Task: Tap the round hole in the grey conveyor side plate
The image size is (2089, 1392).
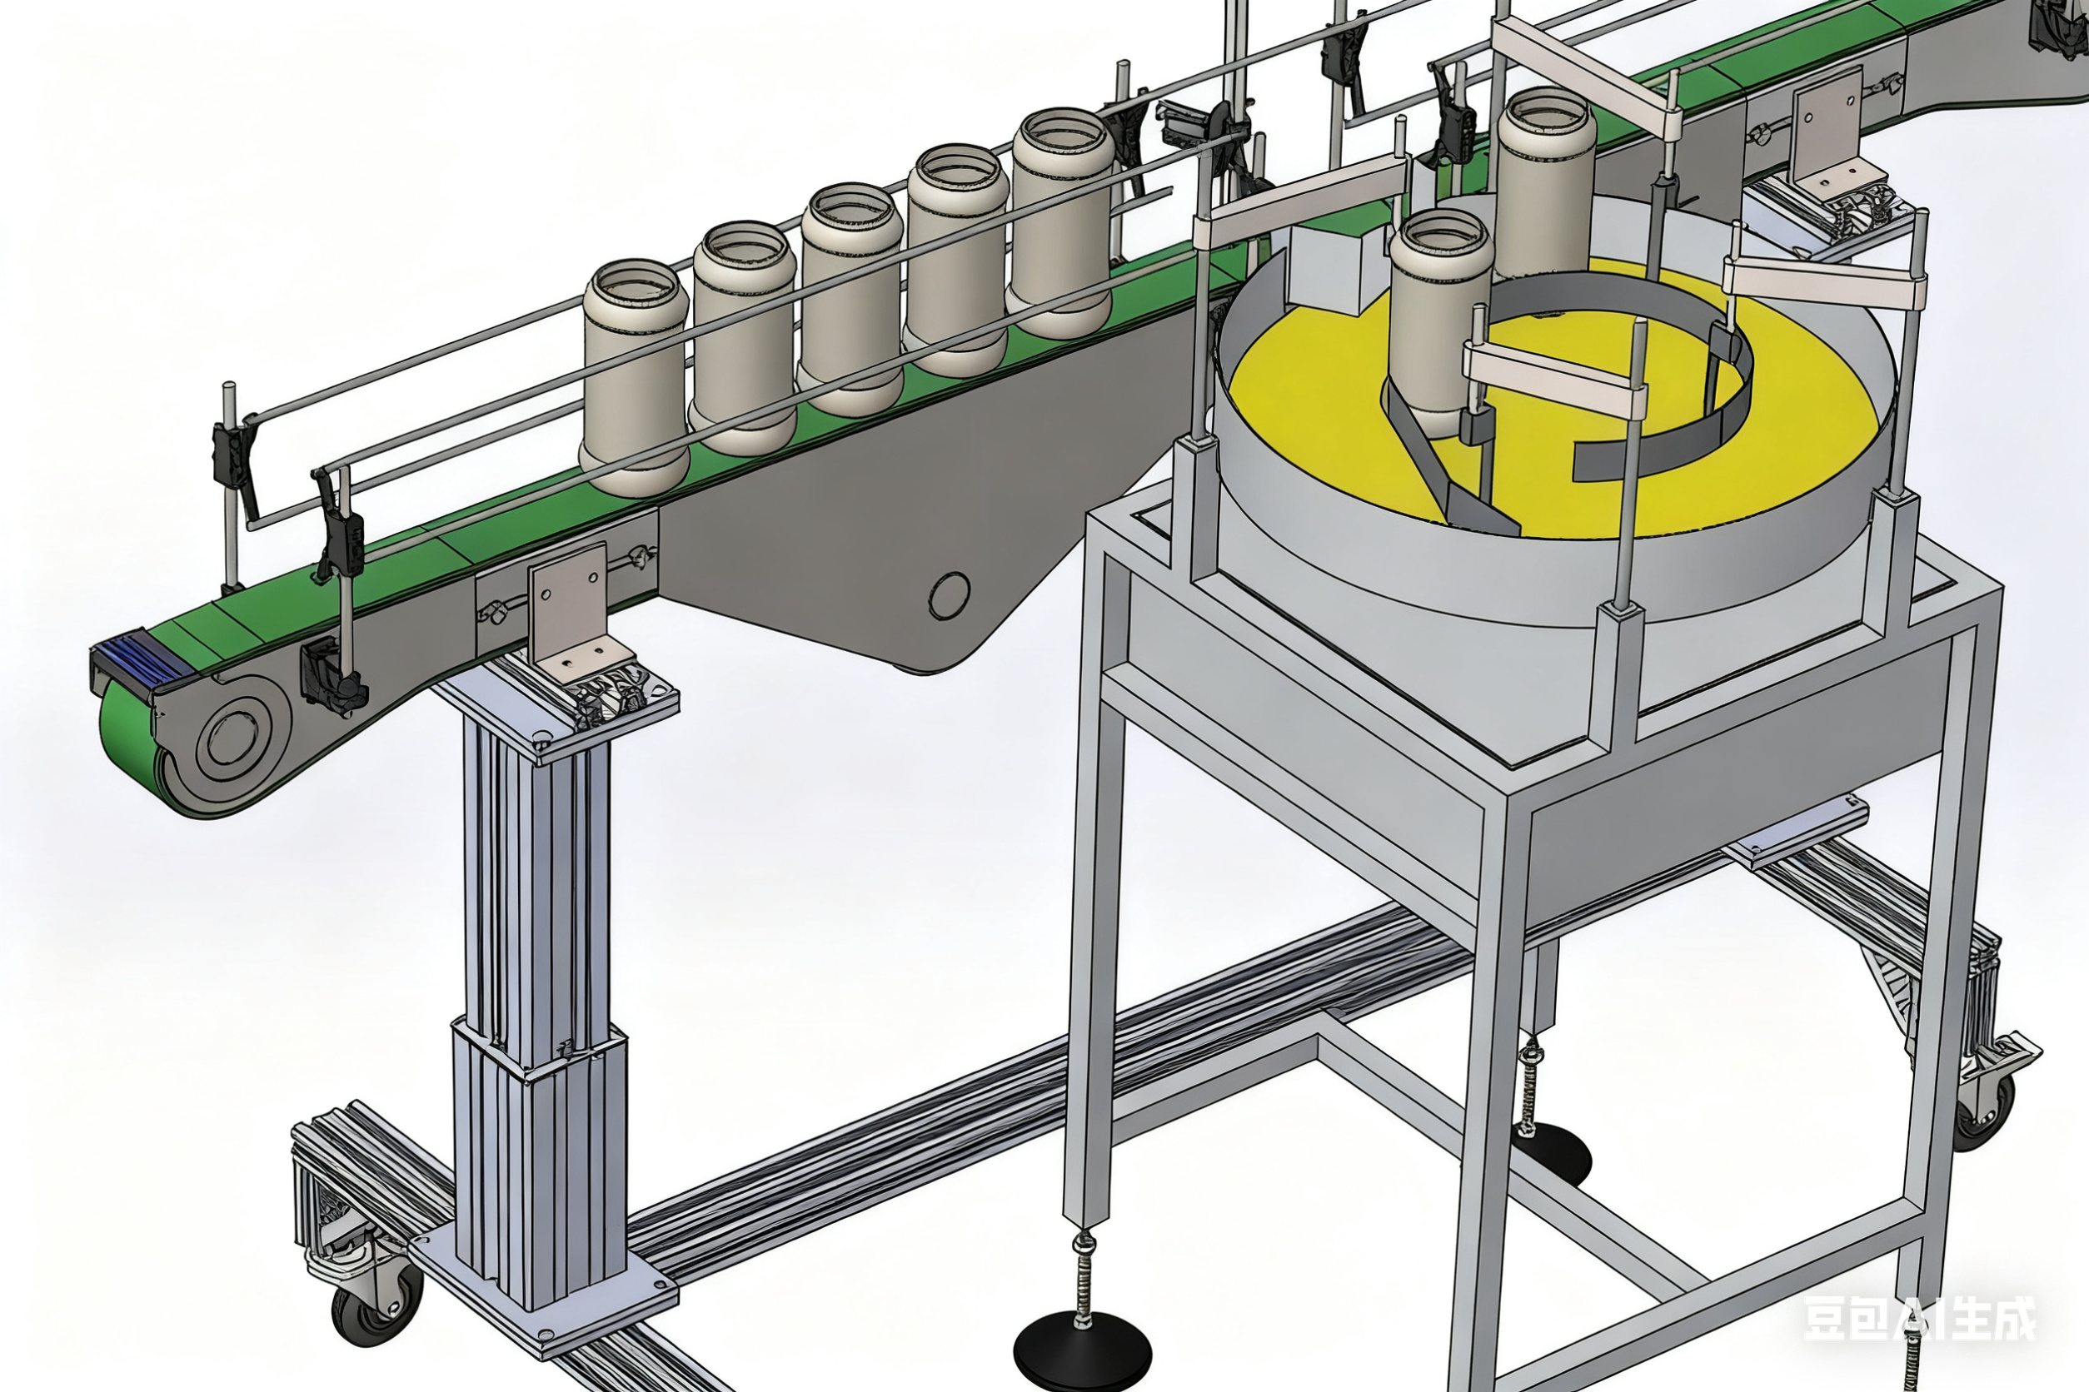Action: click(x=949, y=594)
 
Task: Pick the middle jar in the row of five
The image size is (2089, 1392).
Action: click(x=851, y=298)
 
